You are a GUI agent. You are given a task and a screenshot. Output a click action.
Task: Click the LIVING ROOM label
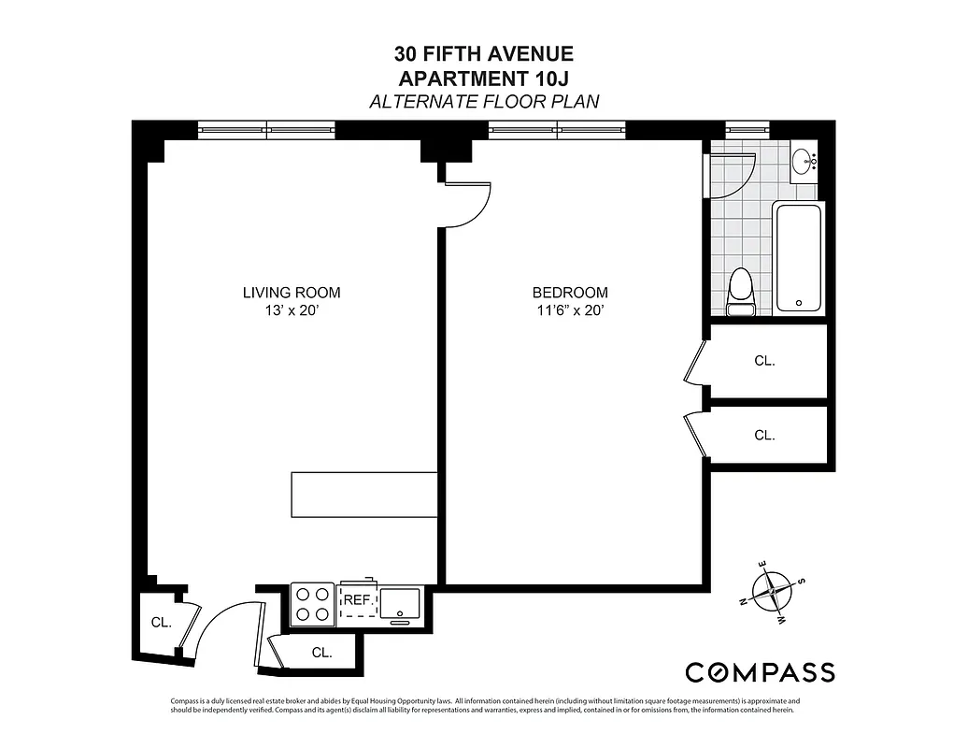(292, 293)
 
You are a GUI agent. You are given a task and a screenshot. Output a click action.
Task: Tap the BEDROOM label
(570, 293)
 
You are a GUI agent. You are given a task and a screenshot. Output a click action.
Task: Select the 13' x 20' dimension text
(292, 311)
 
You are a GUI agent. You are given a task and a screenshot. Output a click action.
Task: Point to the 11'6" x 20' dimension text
(570, 311)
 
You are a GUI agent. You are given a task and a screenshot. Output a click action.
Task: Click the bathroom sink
(804, 165)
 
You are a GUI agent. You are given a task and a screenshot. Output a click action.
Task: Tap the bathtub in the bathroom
(798, 258)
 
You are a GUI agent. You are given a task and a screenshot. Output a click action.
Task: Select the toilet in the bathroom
(740, 291)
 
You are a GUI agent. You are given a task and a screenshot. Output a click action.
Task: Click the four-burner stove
(312, 604)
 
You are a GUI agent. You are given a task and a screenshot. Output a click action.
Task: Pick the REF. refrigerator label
(358, 601)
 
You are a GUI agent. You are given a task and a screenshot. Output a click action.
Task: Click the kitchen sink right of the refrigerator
(402, 603)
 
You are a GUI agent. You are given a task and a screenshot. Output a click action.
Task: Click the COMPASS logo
(760, 671)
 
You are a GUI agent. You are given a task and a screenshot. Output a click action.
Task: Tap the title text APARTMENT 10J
(484, 79)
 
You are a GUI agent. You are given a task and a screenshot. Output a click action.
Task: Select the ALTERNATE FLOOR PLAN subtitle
(484, 102)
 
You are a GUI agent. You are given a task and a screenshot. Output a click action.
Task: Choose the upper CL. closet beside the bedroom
(764, 360)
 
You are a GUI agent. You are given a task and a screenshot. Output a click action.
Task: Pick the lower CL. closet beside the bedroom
(764, 435)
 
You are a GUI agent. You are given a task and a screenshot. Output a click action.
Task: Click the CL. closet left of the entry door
(161, 623)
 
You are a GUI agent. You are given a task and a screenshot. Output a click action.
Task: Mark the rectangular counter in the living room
(364, 495)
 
